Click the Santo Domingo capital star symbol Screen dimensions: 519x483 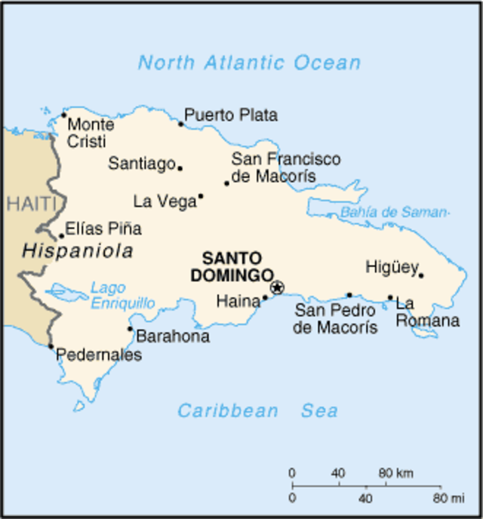point(277,287)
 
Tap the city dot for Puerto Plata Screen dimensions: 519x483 point(181,124)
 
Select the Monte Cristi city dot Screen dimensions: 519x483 point(64,115)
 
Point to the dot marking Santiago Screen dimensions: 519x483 point(180,167)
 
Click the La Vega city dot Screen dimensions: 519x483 point(201,196)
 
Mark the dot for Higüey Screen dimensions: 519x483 point(421,275)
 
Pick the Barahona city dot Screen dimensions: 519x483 point(130,329)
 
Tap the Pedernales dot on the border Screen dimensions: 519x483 point(51,346)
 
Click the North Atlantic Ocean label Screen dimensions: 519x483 point(249,63)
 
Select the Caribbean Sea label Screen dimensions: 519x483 point(257,411)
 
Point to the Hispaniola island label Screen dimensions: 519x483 point(78,251)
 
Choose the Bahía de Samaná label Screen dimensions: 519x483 point(394,213)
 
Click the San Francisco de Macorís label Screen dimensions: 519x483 point(285,168)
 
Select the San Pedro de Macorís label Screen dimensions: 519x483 point(336,318)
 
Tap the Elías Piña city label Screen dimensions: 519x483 point(103,229)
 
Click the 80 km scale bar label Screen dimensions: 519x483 point(395,474)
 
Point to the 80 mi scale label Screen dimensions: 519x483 point(448,499)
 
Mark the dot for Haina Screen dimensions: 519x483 point(265,298)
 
